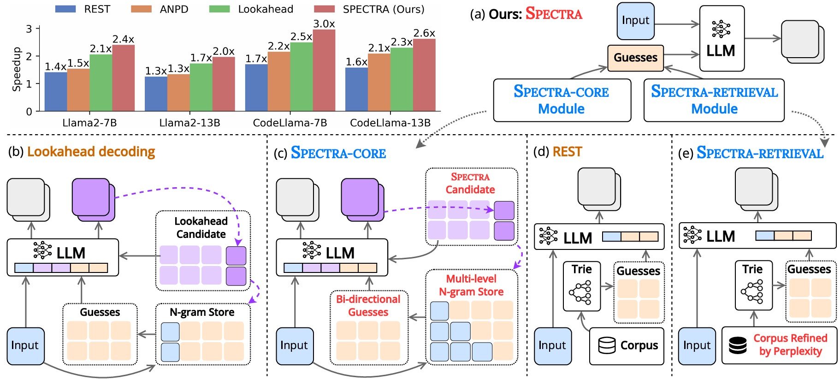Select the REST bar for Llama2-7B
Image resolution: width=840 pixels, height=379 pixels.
(x=56, y=92)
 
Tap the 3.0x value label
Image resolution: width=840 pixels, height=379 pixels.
(x=324, y=24)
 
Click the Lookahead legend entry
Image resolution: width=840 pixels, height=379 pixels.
(x=251, y=9)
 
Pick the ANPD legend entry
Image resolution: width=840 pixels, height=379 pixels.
(x=160, y=9)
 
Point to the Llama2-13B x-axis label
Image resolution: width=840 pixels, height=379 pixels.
(x=189, y=123)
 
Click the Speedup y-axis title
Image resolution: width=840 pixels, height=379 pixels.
(x=17, y=69)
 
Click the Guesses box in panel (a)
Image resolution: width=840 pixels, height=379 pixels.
(x=635, y=58)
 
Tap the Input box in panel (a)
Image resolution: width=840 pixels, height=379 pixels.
(x=635, y=21)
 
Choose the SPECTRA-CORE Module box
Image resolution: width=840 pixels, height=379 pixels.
(x=562, y=100)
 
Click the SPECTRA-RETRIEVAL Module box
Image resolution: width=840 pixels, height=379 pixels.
(x=714, y=100)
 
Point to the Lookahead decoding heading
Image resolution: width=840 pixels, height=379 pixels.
(x=91, y=152)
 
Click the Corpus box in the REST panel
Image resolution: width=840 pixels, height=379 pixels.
(x=627, y=345)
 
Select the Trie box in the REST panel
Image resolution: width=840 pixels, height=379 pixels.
(x=581, y=286)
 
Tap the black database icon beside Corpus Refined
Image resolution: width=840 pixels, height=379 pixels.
(x=738, y=345)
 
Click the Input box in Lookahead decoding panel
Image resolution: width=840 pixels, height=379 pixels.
(x=25, y=345)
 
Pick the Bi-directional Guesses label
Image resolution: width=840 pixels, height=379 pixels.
(x=368, y=305)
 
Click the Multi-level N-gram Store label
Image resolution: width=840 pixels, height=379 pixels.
(x=471, y=285)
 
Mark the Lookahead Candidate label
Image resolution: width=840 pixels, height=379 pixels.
(x=201, y=227)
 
